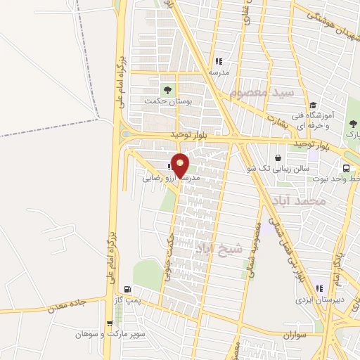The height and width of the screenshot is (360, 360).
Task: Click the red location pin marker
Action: tap(180, 165)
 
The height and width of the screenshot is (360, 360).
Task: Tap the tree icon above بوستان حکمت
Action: tap(167, 89)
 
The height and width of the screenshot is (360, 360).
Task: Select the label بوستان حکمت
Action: tap(168, 101)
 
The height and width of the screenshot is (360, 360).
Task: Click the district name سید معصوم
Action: tap(260, 92)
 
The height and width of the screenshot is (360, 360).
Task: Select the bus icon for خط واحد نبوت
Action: tap(346, 168)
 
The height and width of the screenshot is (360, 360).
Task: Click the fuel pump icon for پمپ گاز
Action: tap(127, 289)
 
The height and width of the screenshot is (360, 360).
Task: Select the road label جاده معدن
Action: tap(67, 305)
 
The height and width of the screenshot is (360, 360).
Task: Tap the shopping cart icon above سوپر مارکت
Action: tap(109, 323)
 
